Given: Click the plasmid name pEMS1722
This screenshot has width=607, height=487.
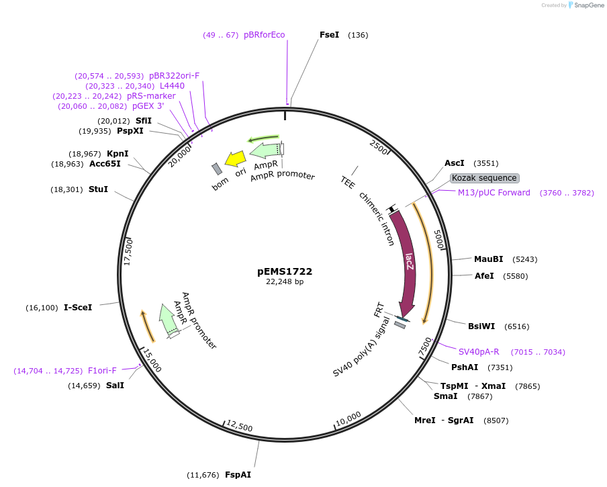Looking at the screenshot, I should (x=285, y=271).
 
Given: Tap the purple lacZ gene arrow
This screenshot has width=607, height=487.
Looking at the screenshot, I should (x=405, y=262).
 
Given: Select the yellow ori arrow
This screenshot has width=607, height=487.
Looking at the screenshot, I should (x=236, y=159).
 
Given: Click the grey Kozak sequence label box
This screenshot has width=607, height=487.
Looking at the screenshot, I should (x=484, y=178).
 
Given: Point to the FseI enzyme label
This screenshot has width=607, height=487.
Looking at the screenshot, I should (x=329, y=35).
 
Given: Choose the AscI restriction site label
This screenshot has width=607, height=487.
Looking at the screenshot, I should (x=455, y=163).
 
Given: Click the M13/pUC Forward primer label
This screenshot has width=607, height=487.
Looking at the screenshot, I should (x=494, y=193).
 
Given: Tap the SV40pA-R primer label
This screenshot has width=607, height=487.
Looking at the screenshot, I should (x=479, y=351).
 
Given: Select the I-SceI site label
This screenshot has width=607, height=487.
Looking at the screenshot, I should (x=78, y=307).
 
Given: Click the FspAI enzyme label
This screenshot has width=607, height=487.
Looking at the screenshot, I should (x=238, y=475).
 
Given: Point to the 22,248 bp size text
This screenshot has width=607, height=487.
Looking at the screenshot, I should (x=285, y=282).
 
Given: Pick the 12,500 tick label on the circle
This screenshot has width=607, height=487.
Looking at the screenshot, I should (x=240, y=426).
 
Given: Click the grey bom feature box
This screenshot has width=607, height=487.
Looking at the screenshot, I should (x=217, y=169).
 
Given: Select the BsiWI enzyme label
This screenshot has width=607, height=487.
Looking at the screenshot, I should (x=481, y=326).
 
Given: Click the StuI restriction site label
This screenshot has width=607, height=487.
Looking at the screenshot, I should (x=98, y=189).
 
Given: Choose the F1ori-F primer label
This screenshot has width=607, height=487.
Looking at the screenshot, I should (x=102, y=370).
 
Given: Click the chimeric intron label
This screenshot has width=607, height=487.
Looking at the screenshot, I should (x=377, y=219).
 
